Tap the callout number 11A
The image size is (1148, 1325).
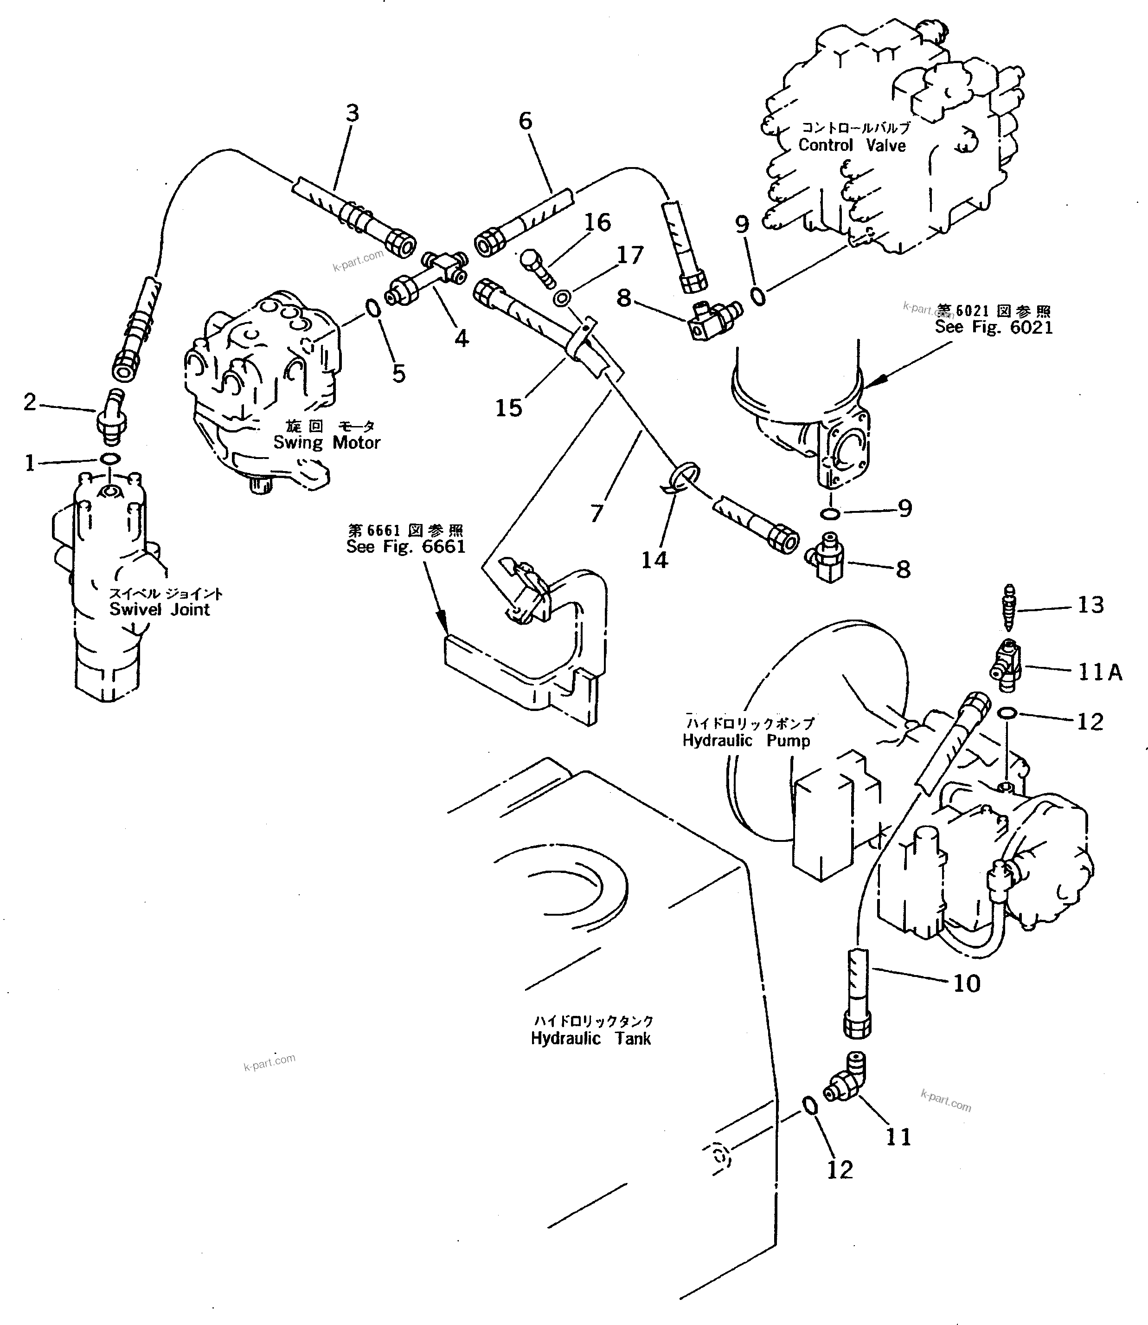pos(1099,672)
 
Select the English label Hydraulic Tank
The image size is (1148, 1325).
pos(590,1039)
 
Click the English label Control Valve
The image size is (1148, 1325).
pos(852,146)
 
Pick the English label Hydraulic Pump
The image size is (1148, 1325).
pos(746,740)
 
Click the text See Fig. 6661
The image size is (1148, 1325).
pos(405,546)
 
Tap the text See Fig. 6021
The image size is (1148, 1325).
pos(993,327)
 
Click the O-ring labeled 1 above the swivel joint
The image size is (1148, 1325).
pos(109,459)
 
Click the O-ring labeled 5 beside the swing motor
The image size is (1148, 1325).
pos(373,309)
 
